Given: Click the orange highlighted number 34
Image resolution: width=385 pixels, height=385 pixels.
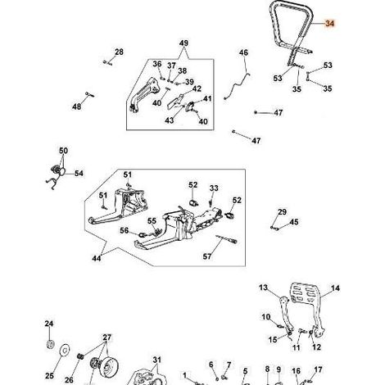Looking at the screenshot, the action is coord(329,24).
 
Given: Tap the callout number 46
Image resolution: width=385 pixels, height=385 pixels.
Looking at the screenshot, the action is coord(243,52).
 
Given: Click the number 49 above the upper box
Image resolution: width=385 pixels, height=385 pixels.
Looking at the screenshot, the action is coord(183,43).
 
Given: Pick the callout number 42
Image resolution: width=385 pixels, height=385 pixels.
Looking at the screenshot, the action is coord(197,88).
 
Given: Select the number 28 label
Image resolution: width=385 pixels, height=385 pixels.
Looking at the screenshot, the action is coord(119,52).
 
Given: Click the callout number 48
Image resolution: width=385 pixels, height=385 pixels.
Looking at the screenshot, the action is coord(77,106).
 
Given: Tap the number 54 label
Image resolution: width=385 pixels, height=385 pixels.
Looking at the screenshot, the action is coord(79,173).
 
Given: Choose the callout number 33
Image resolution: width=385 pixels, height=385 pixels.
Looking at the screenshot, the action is coord(214,188).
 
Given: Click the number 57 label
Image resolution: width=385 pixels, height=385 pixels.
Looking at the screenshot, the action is coord(207,256).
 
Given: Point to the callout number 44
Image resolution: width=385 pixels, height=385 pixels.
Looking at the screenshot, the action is coord(97,258).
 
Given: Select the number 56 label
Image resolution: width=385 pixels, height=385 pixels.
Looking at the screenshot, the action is coord(125,230).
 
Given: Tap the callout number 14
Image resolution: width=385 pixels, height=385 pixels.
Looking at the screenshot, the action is coord(335,288).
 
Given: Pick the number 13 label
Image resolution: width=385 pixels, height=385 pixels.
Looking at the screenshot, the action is coord(264,288).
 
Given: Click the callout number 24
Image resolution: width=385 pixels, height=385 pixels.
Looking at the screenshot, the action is coord(49,324).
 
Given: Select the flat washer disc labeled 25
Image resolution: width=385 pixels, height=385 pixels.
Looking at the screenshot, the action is coord(66,350).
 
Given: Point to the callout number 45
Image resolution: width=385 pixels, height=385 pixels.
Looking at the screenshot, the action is coord(294,222).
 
